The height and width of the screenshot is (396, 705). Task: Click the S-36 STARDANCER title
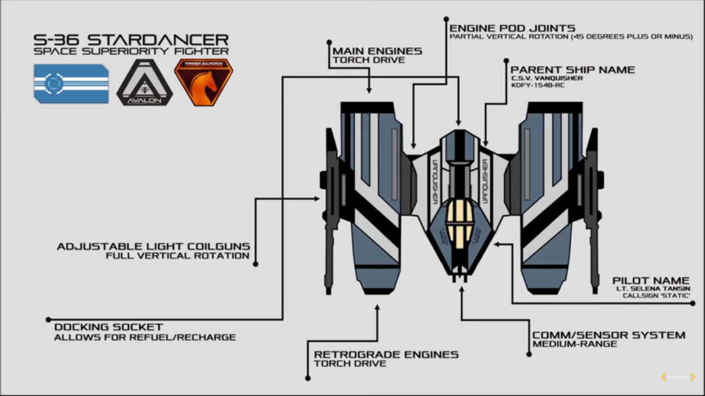tap(131, 39)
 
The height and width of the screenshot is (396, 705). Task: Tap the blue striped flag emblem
tap(71, 84)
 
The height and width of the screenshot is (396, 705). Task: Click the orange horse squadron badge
tap(203, 82)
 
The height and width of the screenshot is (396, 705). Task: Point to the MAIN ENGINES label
tap(377, 51)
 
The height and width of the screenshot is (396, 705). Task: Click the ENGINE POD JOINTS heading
tap(512, 28)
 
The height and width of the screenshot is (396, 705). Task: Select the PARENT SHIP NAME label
tap(572, 70)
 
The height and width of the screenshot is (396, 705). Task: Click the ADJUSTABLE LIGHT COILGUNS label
tap(153, 246)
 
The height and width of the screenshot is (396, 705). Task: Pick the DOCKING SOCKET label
tap(108, 327)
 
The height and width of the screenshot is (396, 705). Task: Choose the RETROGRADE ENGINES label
tap(386, 354)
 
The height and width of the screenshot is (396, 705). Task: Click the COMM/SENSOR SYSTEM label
tap(609, 335)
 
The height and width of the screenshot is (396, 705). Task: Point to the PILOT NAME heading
tap(651, 280)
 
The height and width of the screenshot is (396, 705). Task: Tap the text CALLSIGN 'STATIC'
tap(656, 295)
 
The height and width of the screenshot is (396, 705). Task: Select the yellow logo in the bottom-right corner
tap(678, 377)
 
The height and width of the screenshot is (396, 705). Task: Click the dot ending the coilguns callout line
tap(255, 265)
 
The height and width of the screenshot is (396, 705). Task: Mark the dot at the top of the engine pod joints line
tap(446, 19)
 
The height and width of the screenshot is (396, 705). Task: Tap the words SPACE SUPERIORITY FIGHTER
tap(131, 51)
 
